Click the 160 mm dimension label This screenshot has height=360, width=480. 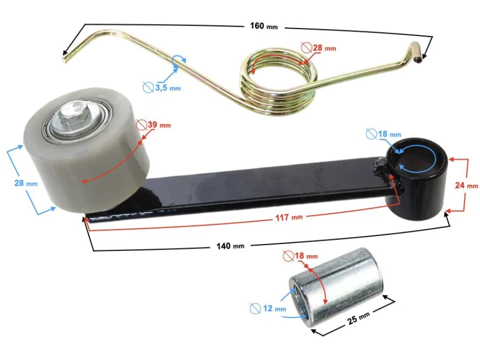coord(263,26)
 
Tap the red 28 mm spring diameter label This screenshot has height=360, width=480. coord(323,48)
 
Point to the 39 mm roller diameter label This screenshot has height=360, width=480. coord(158,124)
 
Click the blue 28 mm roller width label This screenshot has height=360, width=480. coord(25,183)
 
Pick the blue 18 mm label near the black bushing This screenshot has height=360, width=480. coord(388,134)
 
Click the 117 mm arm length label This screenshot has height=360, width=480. coord(289,217)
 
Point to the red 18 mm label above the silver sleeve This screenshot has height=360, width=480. coord(304,256)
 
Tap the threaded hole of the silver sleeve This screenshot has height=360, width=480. coord(297,301)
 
